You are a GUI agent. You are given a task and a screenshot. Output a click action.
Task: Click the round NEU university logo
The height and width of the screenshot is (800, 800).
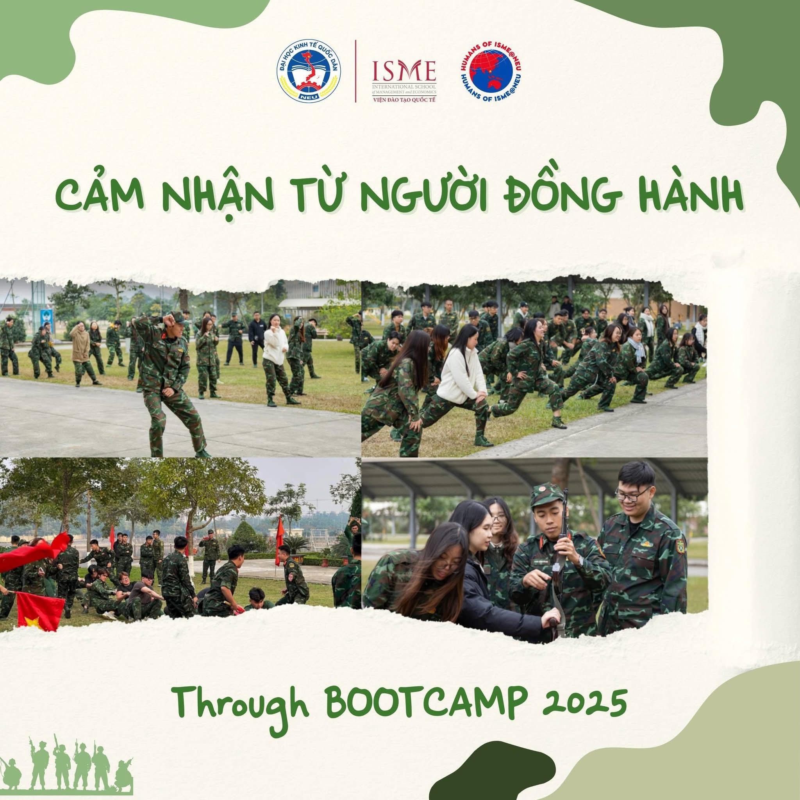click(x=309, y=71)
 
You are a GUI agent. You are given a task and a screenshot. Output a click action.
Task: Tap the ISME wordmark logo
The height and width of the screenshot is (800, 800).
click(x=404, y=71)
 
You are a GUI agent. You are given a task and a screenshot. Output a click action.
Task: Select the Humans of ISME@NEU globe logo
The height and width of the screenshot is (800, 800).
click(x=491, y=71)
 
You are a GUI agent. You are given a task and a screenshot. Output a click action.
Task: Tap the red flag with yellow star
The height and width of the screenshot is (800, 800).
click(x=40, y=611)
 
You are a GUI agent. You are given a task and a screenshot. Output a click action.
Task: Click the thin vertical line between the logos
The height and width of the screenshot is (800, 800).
click(x=356, y=71)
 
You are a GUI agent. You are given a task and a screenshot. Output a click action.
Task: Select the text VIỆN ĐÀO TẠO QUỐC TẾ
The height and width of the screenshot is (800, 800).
click(x=404, y=99)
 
